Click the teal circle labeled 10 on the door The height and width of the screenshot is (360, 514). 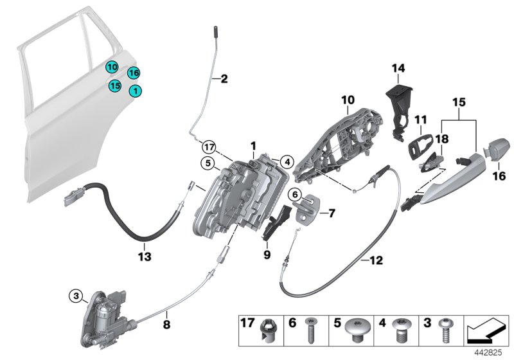point(112,67)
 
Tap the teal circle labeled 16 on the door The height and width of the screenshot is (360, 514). point(133,73)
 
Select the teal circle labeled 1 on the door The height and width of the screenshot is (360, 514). point(136,92)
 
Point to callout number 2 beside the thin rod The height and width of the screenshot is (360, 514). point(224,80)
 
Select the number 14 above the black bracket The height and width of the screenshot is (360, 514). point(399,67)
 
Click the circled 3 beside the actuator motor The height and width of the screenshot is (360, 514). point(76,296)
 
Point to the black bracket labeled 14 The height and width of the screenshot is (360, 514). point(398,104)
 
